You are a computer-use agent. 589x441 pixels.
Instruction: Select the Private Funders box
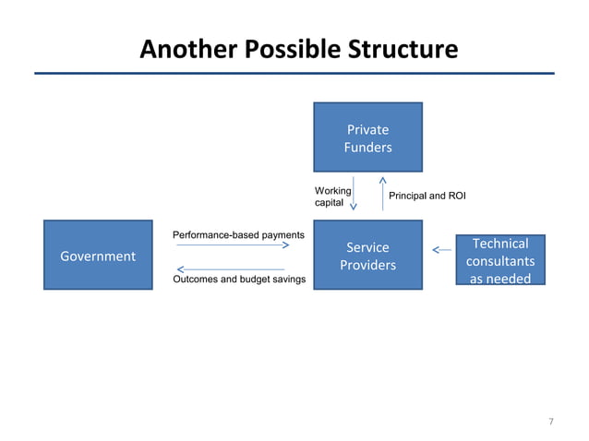[x=367, y=137]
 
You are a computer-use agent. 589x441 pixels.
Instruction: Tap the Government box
[x=98, y=256]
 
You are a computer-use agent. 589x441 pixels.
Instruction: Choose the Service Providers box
[x=367, y=256]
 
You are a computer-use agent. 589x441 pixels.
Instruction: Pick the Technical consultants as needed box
[x=499, y=260]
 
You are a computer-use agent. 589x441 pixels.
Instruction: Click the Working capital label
[x=332, y=196]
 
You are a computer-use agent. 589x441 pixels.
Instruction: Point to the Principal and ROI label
[x=427, y=197]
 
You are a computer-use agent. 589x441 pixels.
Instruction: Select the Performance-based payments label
[x=239, y=235]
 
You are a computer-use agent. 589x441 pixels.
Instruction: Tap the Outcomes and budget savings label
[x=239, y=279]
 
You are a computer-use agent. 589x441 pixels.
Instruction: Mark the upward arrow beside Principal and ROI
[x=382, y=194]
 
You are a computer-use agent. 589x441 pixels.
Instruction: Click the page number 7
[x=551, y=422]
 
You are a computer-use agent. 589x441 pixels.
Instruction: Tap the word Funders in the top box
[x=367, y=148]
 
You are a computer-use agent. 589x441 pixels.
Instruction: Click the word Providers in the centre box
[x=367, y=266]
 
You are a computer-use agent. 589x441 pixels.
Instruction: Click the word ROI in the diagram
[x=455, y=197]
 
